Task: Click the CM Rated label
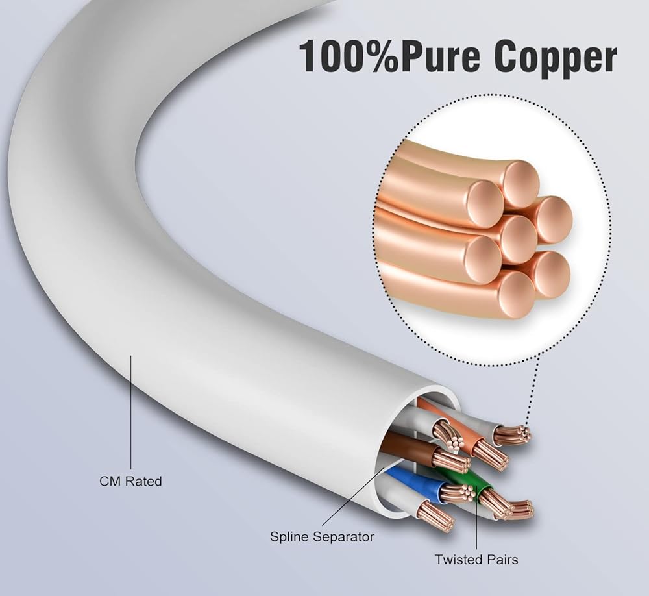point(130,482)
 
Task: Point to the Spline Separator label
point(322,537)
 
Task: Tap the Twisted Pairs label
point(477,559)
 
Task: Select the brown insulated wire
point(406,447)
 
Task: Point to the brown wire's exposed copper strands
point(451,460)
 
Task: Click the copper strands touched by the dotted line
point(513,435)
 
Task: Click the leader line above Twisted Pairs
point(477,526)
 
